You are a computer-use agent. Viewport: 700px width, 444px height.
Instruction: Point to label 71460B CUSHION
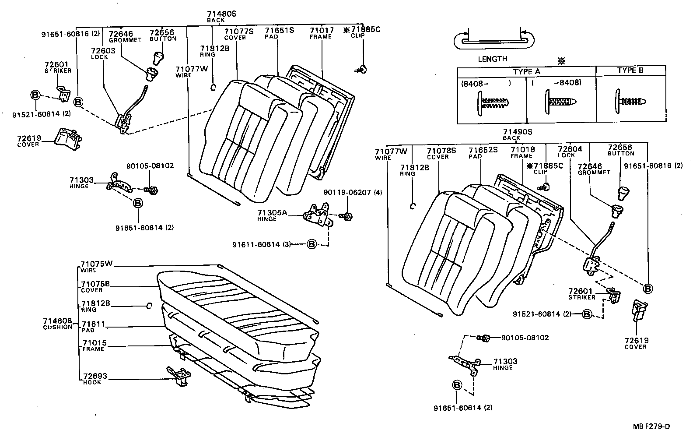[57, 324]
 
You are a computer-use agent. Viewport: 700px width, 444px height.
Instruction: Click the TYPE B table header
[630, 70]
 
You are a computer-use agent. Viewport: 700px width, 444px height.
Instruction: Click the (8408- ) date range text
[486, 82]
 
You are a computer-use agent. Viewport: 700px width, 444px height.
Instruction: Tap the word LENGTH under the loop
[492, 59]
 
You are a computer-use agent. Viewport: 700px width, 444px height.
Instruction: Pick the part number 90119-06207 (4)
[352, 192]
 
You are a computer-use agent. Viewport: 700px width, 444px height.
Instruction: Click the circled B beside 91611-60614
[311, 244]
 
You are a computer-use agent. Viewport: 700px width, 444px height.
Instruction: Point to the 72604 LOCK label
[570, 152]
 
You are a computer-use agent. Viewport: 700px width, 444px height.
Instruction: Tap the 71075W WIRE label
[96, 266]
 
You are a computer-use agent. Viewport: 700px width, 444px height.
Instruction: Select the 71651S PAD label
[279, 32]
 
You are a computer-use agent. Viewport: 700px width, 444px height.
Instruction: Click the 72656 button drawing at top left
[157, 58]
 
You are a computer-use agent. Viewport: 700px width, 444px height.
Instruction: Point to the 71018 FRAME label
[522, 152]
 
